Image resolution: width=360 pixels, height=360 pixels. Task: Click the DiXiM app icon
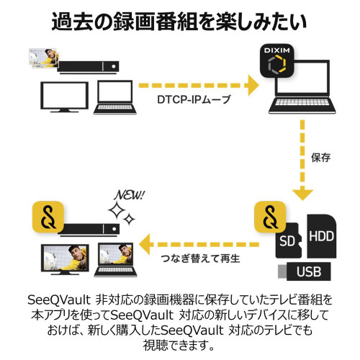(x=277, y=60)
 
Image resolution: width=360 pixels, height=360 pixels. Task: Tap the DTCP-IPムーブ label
(x=194, y=99)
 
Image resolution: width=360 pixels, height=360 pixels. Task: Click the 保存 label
(x=320, y=158)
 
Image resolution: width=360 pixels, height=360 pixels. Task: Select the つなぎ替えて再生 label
(x=200, y=258)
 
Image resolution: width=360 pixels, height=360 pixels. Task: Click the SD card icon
(x=288, y=240)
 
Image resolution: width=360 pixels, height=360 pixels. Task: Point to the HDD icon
(x=322, y=236)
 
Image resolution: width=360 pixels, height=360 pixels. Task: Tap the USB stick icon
(x=304, y=271)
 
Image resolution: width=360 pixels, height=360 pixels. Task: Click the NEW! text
(x=130, y=195)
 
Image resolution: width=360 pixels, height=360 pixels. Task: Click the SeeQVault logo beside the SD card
(x=270, y=217)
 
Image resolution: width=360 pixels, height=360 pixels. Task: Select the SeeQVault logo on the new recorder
(x=48, y=217)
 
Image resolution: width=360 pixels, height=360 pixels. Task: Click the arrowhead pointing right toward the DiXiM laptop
(x=253, y=85)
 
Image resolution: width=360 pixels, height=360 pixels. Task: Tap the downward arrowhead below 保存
(x=302, y=194)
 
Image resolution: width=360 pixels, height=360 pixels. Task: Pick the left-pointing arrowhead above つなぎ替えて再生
(x=145, y=244)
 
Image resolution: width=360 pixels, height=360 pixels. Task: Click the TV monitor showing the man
(x=65, y=259)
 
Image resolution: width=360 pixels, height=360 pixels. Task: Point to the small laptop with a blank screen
(x=115, y=97)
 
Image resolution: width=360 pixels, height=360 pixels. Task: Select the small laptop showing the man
(x=115, y=260)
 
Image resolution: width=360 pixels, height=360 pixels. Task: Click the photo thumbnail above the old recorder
(x=43, y=58)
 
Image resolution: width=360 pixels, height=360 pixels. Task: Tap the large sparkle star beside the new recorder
(x=117, y=210)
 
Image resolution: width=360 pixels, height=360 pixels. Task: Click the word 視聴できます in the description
(x=178, y=346)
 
